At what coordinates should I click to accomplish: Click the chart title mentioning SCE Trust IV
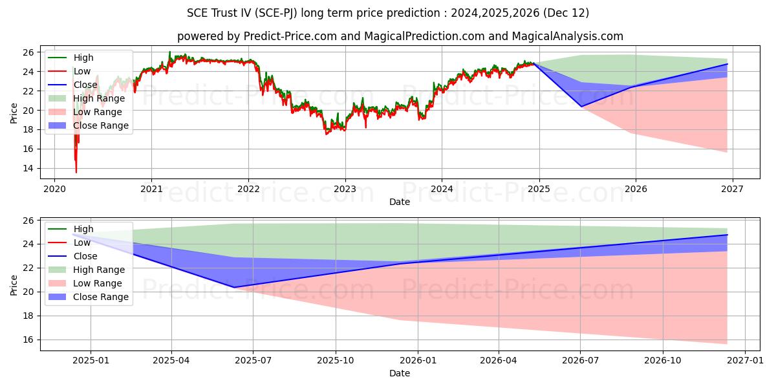388,13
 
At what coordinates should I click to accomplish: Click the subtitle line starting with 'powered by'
400,36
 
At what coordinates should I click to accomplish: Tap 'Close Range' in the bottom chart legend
100,297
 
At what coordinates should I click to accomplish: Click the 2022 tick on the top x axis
248,189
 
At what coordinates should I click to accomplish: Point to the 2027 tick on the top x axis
732,189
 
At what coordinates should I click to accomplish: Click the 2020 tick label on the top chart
54,189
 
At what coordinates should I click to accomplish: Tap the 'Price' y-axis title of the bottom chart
14,285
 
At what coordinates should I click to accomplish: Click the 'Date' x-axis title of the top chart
399,202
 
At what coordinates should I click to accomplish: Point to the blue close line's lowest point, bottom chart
234,287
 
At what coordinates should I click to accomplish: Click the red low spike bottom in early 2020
76,172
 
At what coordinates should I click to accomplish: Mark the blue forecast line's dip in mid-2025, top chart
581,106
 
